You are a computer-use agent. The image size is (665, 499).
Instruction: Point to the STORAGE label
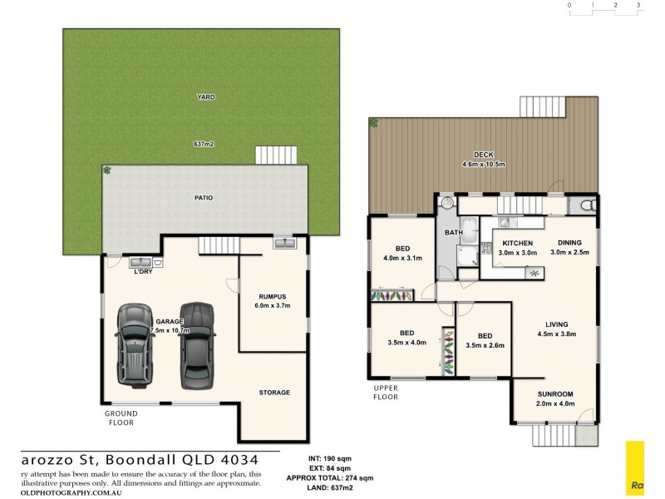click(x=273, y=393)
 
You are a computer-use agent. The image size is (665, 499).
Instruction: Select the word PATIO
click(x=204, y=198)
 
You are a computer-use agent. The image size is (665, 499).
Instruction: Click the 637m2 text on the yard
click(x=204, y=144)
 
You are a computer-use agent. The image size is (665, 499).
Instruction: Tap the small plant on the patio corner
click(x=107, y=170)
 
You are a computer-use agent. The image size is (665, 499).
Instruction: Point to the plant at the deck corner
click(x=374, y=123)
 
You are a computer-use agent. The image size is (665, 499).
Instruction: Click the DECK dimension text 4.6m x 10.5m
click(x=483, y=164)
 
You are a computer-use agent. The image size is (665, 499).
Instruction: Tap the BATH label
click(x=453, y=233)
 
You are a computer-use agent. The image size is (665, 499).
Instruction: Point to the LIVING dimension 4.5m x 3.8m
click(x=556, y=334)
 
